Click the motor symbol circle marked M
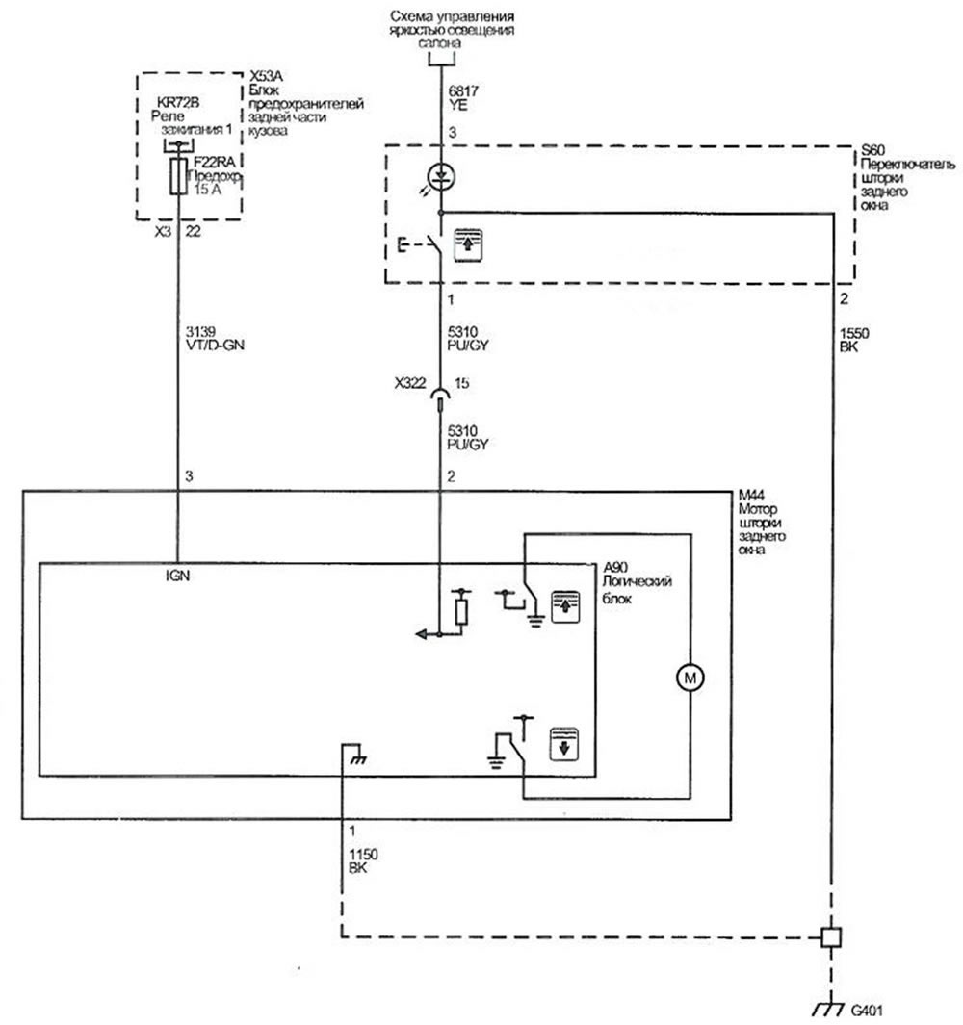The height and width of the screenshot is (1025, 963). point(690,678)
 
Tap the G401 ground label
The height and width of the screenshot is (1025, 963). point(867,1010)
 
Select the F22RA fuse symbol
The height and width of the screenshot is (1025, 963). point(178,176)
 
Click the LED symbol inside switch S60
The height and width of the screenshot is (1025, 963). point(441,176)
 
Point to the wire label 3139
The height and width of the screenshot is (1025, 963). point(201,331)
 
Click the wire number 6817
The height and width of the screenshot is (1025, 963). point(463,91)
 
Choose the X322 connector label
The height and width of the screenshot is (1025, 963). point(410,383)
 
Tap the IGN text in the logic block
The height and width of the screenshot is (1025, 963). point(177,576)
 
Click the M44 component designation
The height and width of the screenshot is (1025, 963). point(751,496)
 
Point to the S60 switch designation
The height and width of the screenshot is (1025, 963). point(873,150)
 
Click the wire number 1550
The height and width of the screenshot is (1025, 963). point(854,333)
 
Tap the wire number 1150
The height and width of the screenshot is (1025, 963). point(363,855)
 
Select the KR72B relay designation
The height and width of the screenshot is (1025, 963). point(178,103)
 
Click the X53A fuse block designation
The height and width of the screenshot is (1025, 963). point(266,77)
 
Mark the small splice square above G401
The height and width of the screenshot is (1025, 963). point(831,937)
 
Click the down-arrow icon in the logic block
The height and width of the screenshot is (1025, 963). point(564,744)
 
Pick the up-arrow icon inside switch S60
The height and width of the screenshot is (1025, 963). point(468,244)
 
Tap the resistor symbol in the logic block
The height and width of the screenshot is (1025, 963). point(461,611)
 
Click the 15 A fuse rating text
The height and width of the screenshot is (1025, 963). point(208,190)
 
